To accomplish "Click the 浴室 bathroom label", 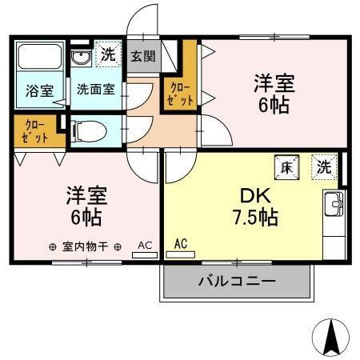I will point(38,90).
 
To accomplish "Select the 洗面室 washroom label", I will point(95,90).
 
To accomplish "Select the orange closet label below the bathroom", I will point(34,130).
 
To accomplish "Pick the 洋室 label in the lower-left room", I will point(86,194).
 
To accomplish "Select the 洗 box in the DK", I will point(323,167).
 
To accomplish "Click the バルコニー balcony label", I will point(236,282).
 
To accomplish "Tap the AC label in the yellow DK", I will point(181,242).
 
